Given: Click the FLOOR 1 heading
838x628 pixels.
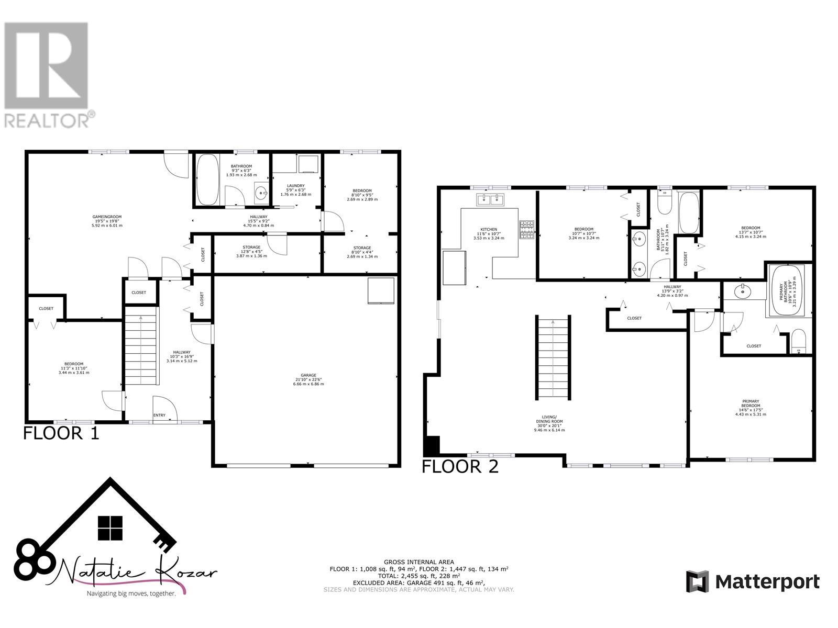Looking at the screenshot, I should click(x=61, y=433).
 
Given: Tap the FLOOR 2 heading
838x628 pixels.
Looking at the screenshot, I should click(x=460, y=466).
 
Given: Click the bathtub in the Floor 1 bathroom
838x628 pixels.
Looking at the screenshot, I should click(x=208, y=180).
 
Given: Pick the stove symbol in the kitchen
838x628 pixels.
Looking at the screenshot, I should click(x=526, y=230).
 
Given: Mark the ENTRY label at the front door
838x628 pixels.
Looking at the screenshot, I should click(x=159, y=416).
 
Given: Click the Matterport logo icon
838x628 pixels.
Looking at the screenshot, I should click(x=697, y=581).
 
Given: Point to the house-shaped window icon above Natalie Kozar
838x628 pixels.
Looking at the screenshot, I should click(x=110, y=528).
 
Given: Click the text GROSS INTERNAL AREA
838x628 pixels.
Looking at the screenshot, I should click(x=418, y=562).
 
